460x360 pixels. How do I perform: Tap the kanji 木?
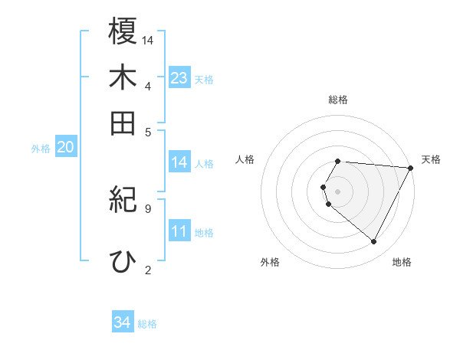(x=123, y=77)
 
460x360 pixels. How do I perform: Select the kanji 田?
(x=123, y=123)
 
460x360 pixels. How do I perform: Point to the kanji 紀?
(x=123, y=201)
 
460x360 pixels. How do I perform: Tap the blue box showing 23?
(x=179, y=78)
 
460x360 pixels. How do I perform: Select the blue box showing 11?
(x=179, y=232)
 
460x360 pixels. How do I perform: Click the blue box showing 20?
(x=65, y=148)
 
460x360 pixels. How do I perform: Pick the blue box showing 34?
(x=123, y=322)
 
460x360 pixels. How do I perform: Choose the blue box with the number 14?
(x=179, y=162)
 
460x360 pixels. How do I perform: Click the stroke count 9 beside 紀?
(x=147, y=207)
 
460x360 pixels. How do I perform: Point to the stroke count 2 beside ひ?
(x=147, y=269)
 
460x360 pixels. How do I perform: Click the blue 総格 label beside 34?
(x=147, y=324)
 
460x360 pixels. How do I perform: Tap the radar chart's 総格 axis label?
(x=338, y=100)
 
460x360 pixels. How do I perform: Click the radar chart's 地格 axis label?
(x=402, y=262)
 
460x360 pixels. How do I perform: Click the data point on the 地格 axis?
(x=374, y=242)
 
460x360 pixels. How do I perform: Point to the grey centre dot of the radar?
(x=338, y=191)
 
